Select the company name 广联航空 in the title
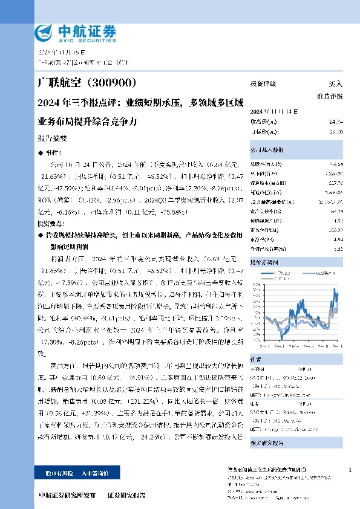57,82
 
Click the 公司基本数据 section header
266,149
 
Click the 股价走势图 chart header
264,263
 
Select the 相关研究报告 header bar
266,443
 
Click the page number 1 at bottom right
350,470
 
